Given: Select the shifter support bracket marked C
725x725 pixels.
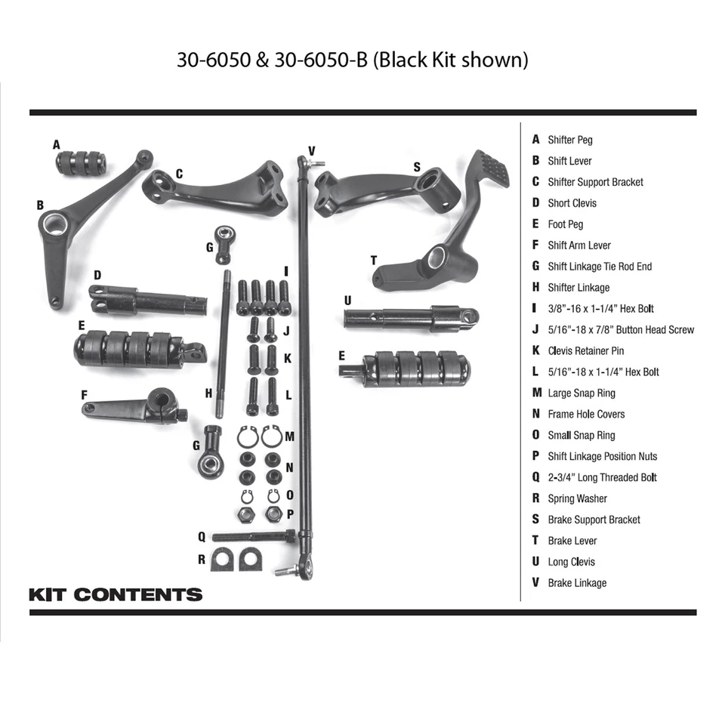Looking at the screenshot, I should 219,188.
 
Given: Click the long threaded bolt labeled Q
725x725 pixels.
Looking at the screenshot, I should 253,536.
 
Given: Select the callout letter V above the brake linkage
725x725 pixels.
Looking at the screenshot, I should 311,150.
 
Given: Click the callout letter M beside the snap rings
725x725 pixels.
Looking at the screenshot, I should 289,437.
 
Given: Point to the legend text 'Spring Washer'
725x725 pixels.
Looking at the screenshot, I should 577,498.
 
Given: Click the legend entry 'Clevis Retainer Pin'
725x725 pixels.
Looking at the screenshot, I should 585,350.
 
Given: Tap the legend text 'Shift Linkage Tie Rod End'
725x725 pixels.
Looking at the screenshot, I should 600,266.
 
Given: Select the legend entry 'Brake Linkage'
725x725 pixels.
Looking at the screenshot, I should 577,583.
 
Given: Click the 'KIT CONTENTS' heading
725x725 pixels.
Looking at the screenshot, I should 116,594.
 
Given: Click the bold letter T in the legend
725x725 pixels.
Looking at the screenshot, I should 535,541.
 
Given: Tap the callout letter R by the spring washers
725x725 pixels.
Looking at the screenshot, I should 202,560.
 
